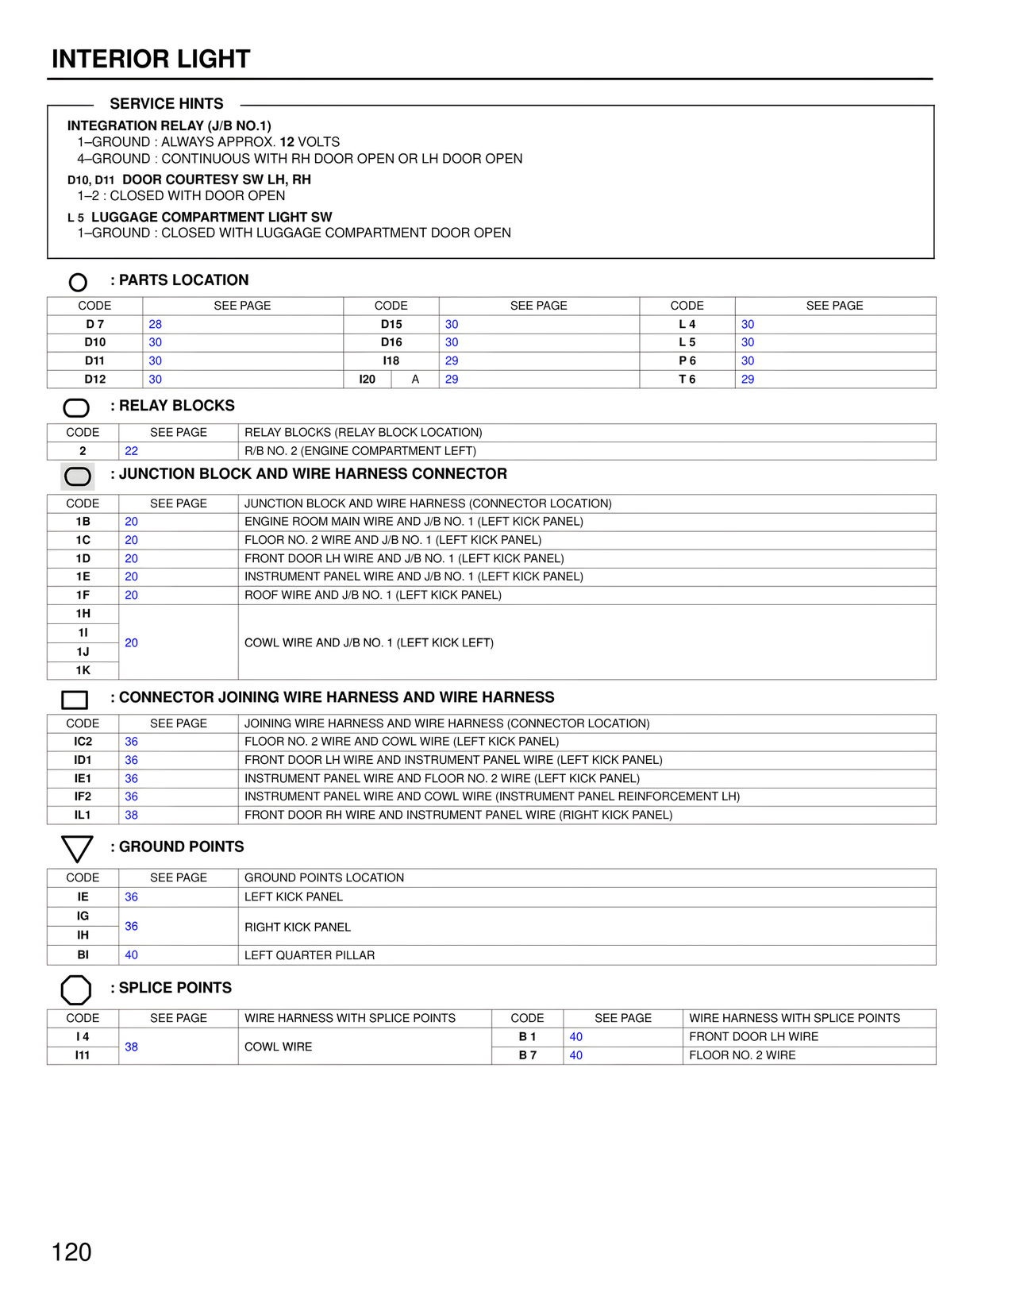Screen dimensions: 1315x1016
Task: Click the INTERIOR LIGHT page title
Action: [151, 59]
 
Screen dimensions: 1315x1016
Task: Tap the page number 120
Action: [71, 1252]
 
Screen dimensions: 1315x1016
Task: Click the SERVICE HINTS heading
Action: [167, 104]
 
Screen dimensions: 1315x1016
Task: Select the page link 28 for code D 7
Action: [156, 324]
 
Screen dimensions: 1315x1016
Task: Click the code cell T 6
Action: [687, 380]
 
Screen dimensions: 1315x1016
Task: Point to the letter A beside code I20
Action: [415, 380]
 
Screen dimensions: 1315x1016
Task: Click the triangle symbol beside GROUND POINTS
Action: [77, 848]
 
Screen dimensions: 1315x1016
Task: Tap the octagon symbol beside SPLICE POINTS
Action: [76, 989]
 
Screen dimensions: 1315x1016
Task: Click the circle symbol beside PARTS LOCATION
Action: [78, 282]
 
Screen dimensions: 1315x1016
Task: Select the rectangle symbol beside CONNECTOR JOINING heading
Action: [75, 700]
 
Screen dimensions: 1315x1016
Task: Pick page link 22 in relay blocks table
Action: [132, 451]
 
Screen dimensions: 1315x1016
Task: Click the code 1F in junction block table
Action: [83, 595]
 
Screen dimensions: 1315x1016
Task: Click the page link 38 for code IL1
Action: [132, 815]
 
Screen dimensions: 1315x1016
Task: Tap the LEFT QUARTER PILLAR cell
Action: [310, 955]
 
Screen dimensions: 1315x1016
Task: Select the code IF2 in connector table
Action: [83, 796]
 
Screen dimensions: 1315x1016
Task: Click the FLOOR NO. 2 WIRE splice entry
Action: [742, 1055]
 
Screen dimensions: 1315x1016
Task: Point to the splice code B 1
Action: [527, 1036]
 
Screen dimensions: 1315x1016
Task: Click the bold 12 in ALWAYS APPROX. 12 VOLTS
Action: [287, 142]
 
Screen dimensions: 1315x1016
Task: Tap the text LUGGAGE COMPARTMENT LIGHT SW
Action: [211, 217]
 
